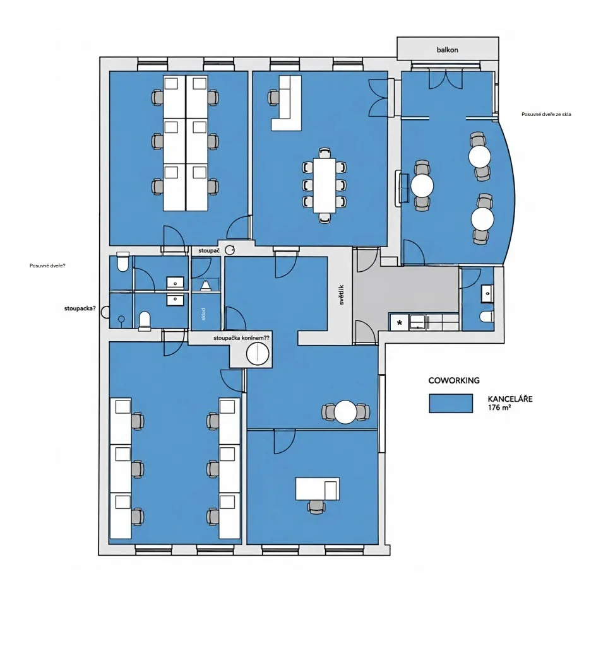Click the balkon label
tap(447, 50)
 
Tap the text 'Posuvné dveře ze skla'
tap(546, 114)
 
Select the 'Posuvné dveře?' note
tap(47, 266)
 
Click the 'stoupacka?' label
tap(80, 309)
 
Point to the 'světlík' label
tap(342, 294)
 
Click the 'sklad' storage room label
tap(204, 313)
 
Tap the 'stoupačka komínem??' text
tap(241, 338)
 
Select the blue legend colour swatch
tap(451, 403)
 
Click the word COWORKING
tap(453, 380)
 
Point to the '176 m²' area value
tap(499, 408)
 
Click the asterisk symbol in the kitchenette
tap(400, 323)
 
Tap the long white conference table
tap(325, 185)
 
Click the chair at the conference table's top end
tap(325, 153)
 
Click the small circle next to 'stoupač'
tap(230, 250)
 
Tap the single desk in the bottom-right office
tap(318, 488)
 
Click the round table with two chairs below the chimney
tap(345, 412)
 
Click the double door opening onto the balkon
tap(445, 79)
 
